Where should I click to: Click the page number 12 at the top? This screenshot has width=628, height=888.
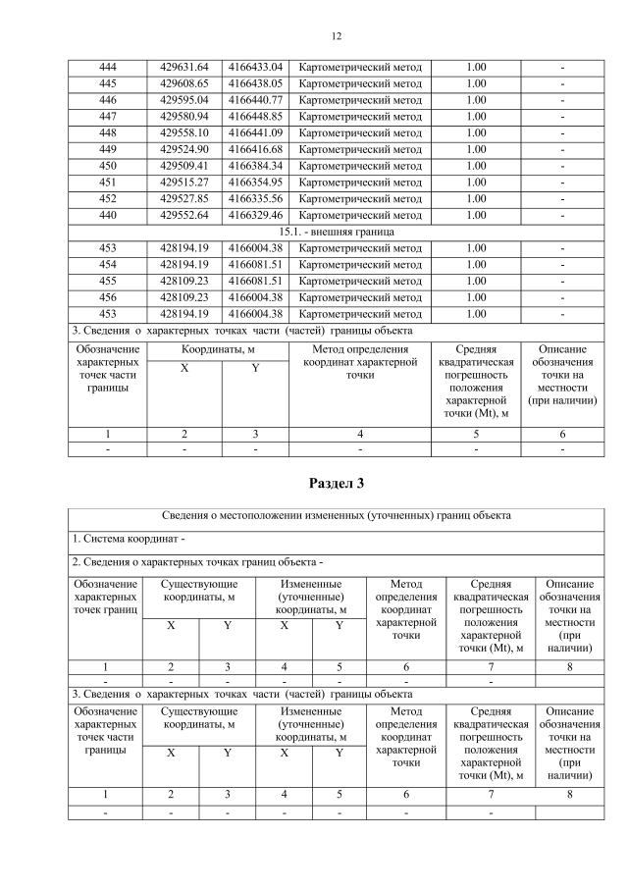(x=336, y=36)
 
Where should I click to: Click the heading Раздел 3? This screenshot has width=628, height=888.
(x=336, y=483)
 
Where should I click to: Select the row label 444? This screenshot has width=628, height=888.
(x=108, y=67)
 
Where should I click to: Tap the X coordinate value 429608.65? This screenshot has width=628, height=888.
(x=184, y=83)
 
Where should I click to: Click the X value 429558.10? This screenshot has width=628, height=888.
(x=184, y=132)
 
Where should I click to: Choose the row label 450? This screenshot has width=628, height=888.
(x=108, y=166)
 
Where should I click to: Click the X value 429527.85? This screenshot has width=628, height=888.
(x=184, y=198)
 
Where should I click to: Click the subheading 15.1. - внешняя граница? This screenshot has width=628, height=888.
(x=336, y=232)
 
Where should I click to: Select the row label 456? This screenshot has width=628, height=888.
(x=108, y=297)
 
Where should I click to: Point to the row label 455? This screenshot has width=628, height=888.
(x=108, y=281)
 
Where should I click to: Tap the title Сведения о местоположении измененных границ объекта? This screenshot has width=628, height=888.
(x=336, y=515)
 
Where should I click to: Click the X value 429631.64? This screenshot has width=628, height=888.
(x=184, y=67)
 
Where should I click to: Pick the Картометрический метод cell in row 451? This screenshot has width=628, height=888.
(x=360, y=182)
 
